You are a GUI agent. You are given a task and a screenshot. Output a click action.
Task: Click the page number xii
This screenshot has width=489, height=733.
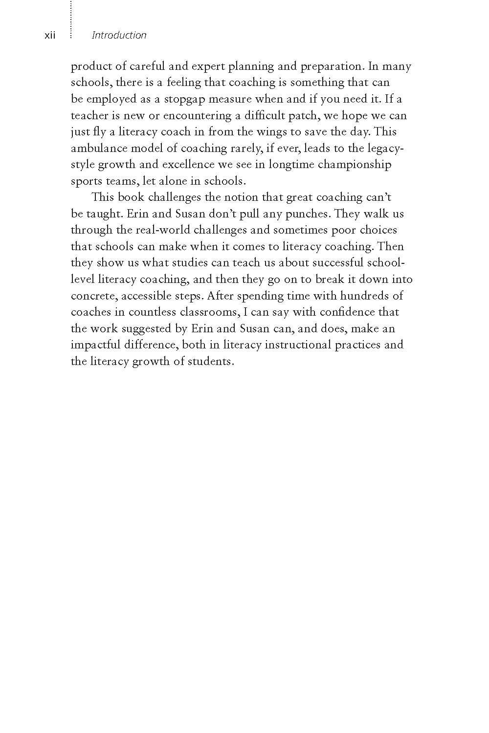pos(50,36)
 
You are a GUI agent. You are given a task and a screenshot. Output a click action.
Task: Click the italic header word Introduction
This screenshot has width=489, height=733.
pos(119,35)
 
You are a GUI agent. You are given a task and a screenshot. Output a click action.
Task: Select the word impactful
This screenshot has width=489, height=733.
pos(95,345)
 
